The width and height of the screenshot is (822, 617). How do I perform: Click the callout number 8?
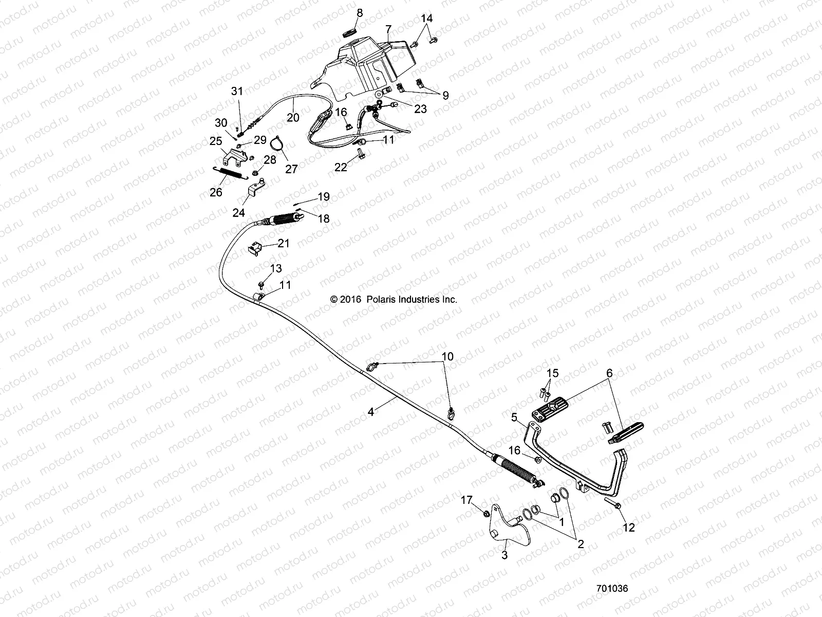click(x=360, y=13)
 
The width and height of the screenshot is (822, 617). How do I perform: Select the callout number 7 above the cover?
click(x=388, y=29)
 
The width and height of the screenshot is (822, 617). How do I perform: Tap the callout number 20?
click(x=293, y=118)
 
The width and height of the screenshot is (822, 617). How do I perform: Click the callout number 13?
click(x=276, y=268)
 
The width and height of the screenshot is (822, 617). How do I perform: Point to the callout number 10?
click(x=447, y=356)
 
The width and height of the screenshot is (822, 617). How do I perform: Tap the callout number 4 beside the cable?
click(x=371, y=412)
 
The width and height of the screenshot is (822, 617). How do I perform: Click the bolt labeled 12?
click(x=613, y=503)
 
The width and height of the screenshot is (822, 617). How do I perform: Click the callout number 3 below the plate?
click(x=505, y=555)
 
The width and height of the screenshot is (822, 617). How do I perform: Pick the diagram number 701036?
click(x=612, y=589)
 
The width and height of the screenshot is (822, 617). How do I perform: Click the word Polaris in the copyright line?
click(x=381, y=299)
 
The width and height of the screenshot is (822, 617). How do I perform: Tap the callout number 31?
click(x=237, y=91)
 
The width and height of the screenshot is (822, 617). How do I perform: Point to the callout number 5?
click(x=514, y=418)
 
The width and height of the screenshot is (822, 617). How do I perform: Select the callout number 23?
click(x=421, y=109)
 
